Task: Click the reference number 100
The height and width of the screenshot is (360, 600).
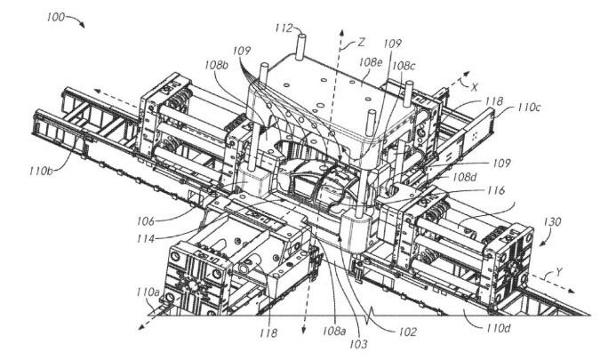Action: [x=56, y=17]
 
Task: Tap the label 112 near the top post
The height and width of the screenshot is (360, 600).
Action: [x=284, y=28]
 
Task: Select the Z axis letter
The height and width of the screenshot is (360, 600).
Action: [x=361, y=42]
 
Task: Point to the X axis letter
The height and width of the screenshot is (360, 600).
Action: [x=474, y=87]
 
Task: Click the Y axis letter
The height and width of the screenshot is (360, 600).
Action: [x=559, y=273]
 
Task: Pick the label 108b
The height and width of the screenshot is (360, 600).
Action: [x=216, y=65]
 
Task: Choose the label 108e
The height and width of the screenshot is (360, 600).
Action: [x=370, y=62]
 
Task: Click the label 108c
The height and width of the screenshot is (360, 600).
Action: [x=404, y=66]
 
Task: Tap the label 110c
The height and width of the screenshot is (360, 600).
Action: [x=529, y=108]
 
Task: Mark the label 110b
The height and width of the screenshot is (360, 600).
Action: [x=41, y=171]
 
